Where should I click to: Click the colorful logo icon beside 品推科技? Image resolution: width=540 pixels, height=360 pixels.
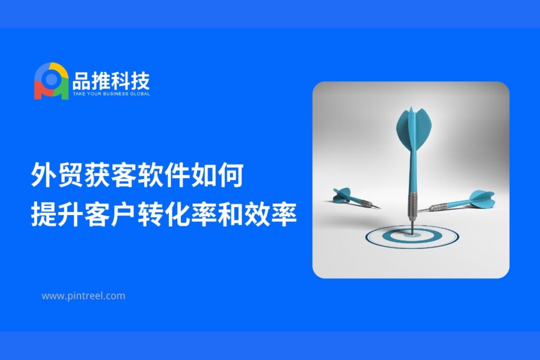pyautogui.click(x=51, y=81)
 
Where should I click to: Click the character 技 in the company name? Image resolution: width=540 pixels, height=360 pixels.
pyautogui.click(x=140, y=81)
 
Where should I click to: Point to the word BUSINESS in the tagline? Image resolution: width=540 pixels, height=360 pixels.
pyautogui.click(x=116, y=94)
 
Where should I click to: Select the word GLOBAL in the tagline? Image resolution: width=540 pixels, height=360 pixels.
pyautogui.click(x=140, y=94)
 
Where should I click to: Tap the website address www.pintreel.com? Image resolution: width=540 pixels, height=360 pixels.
pyautogui.click(x=83, y=296)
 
